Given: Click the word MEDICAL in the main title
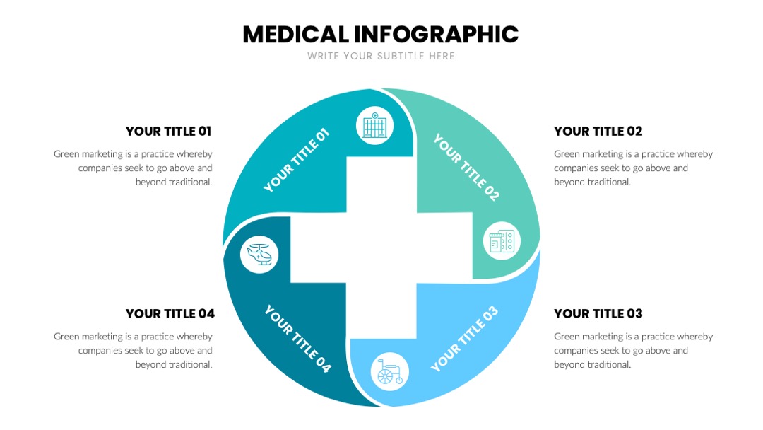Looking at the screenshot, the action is (x=296, y=35).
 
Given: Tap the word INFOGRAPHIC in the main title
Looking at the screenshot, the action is (x=436, y=35).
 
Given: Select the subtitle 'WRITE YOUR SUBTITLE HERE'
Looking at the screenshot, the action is (x=381, y=56).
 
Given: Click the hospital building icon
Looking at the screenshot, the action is (x=374, y=126).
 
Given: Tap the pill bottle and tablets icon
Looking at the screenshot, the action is (x=502, y=241).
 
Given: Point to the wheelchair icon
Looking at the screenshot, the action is (x=390, y=372).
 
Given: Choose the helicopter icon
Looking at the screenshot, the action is (x=259, y=254).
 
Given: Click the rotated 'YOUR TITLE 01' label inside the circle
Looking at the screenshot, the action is (x=296, y=161).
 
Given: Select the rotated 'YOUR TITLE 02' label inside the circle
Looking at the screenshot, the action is (x=466, y=167).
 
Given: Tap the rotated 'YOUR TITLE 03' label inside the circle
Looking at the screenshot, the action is (x=464, y=339).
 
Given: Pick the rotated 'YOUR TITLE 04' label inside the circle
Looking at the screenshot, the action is (x=298, y=339).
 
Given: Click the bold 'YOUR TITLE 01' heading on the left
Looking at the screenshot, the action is (x=168, y=132).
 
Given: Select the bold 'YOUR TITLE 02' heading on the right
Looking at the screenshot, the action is (x=598, y=132).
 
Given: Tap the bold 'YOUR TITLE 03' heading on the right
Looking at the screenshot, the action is (x=598, y=313).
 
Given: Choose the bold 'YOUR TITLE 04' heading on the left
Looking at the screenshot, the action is (x=170, y=313).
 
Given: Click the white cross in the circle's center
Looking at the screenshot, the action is (x=381, y=248).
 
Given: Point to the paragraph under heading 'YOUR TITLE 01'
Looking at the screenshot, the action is (x=133, y=168).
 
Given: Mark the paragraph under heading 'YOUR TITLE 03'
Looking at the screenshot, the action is (x=633, y=351).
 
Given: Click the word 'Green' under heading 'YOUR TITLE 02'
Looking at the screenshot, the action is (x=567, y=154).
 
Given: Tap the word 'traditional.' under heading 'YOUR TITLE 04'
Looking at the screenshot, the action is (x=174, y=364).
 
